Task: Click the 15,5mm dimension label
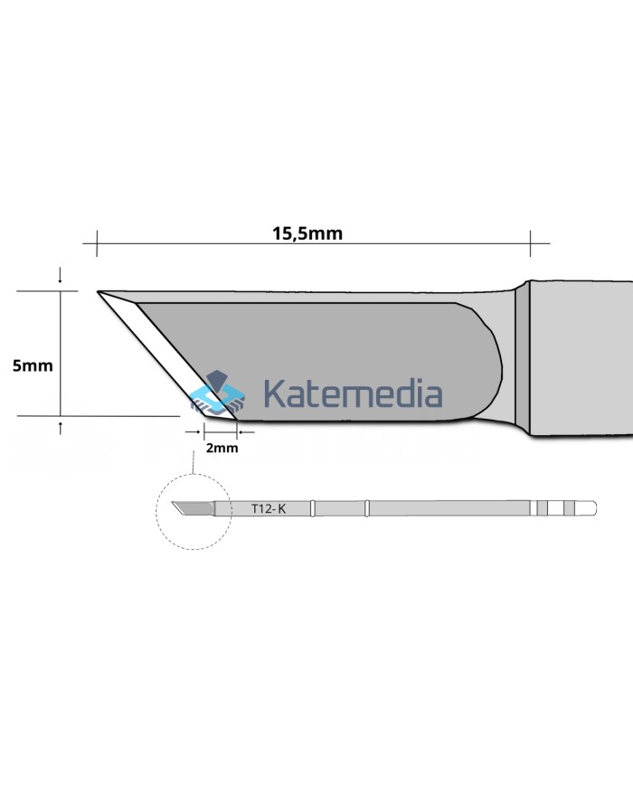[307, 232]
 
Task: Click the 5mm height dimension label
[33, 365]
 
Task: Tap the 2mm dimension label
[222, 448]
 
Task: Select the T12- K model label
[269, 509]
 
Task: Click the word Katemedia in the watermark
[353, 394]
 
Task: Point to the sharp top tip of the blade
[99, 292]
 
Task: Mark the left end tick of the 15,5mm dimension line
[96, 242]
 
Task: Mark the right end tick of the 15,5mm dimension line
[530, 242]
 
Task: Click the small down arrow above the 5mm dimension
[61, 275]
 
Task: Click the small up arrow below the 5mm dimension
[61, 426]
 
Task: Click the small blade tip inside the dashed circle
[190, 509]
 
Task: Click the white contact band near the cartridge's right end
[554, 509]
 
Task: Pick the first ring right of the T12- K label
[312, 509]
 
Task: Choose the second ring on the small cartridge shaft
[367, 509]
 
